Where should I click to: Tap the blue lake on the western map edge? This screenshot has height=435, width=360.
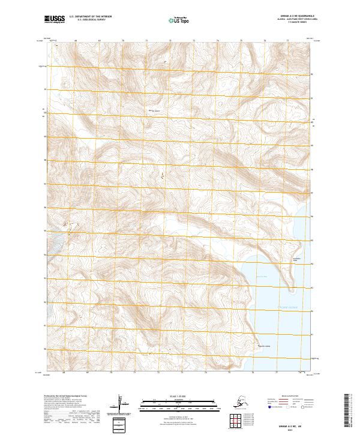coord(53,245)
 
